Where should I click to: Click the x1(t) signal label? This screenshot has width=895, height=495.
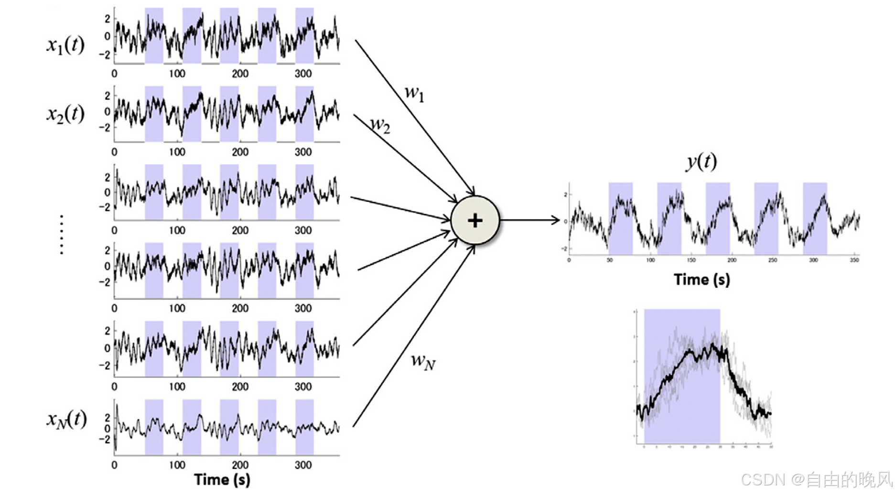[x=65, y=45]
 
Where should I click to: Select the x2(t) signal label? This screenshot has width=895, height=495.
[x=65, y=114]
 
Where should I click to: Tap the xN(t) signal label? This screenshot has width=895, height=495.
[x=66, y=420]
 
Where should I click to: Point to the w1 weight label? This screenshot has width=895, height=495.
[x=414, y=93]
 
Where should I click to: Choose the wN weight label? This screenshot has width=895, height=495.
[x=423, y=361]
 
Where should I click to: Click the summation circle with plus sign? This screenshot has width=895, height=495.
[x=475, y=220]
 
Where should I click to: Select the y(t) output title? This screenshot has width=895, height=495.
[x=701, y=161]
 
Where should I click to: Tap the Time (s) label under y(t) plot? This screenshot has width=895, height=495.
[x=701, y=280]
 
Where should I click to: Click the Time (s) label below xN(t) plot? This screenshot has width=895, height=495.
[x=222, y=479]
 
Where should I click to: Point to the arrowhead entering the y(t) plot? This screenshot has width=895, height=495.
[x=556, y=220]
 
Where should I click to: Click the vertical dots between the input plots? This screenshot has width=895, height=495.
[x=62, y=235]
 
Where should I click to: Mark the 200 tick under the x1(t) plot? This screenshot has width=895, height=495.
[x=240, y=74]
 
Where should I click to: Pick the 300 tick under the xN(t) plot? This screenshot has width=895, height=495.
[x=303, y=465]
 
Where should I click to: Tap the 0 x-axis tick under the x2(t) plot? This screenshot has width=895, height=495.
[x=114, y=152]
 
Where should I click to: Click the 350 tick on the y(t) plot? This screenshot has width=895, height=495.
[x=854, y=260]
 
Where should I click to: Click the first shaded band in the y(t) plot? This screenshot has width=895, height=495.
[x=620, y=218]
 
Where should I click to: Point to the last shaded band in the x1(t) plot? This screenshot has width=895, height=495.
[x=304, y=36]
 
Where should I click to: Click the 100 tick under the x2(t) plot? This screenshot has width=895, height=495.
[x=177, y=152]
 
